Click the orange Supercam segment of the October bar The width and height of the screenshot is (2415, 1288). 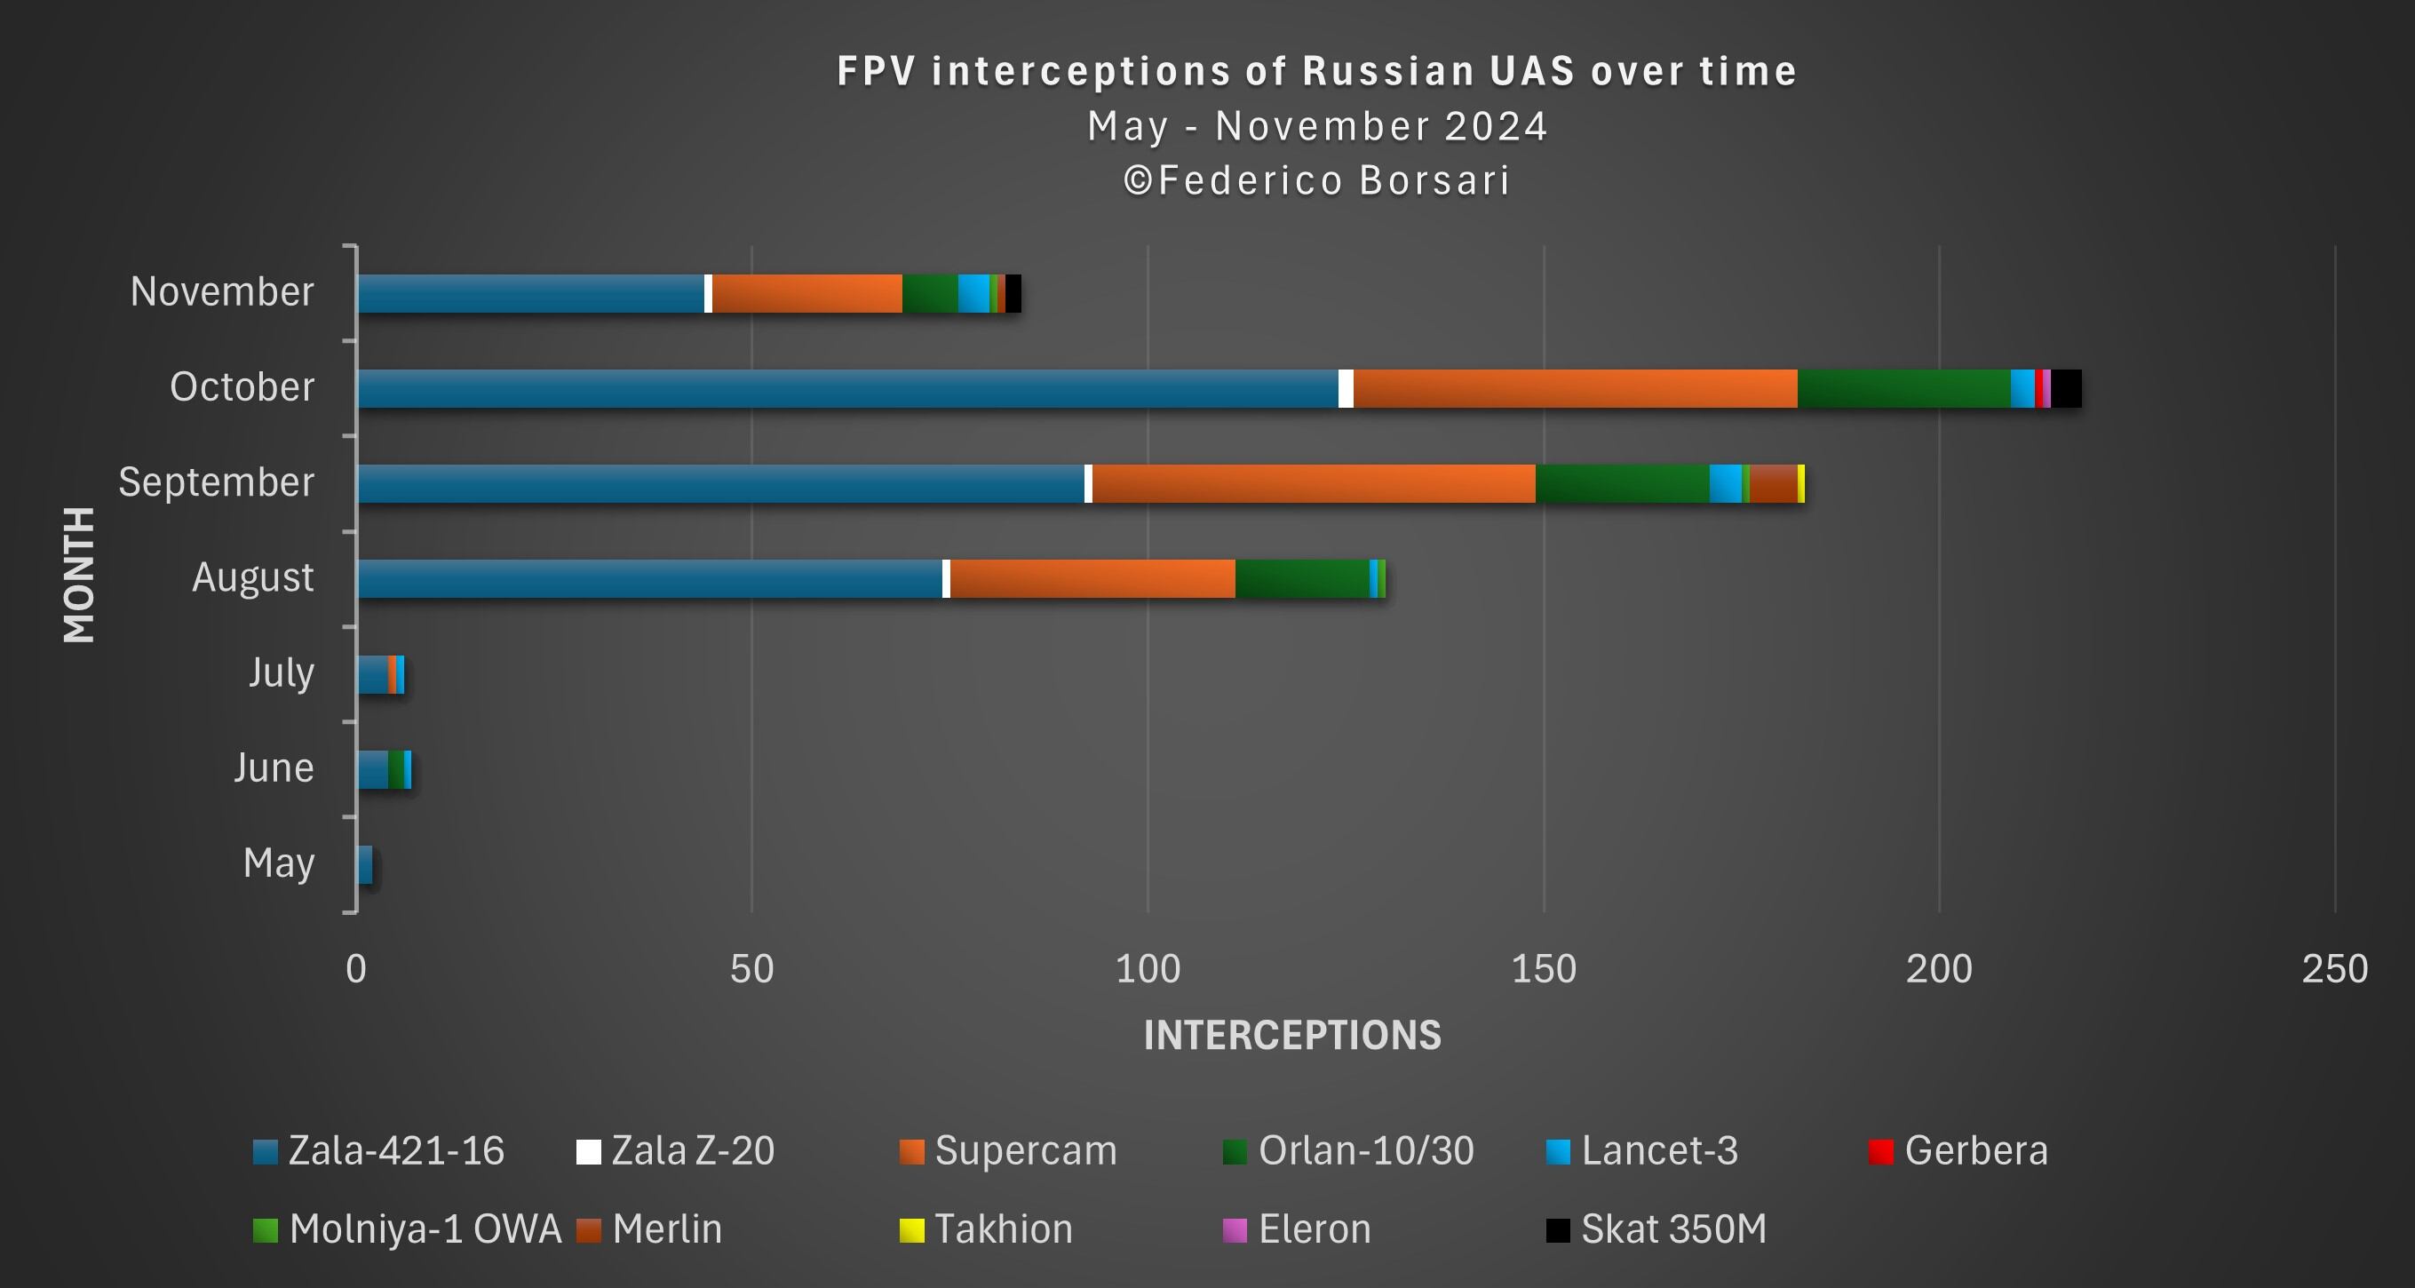click(x=1575, y=388)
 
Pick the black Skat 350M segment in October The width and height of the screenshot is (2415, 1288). click(x=2066, y=388)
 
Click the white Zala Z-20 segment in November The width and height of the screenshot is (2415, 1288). click(x=708, y=293)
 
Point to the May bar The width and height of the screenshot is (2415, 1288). click(x=365, y=864)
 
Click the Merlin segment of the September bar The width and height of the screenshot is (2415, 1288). click(x=1773, y=484)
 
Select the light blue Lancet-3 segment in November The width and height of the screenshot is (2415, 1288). click(x=973, y=293)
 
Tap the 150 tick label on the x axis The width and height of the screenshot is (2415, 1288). click(x=1543, y=968)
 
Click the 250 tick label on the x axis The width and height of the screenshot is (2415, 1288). click(x=2334, y=968)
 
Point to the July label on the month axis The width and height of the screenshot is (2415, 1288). click(x=282, y=673)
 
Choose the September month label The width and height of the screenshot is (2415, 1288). click(x=217, y=481)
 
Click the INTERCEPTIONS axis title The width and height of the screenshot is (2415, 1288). click(x=1291, y=1035)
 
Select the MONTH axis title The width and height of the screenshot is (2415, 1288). click(x=80, y=575)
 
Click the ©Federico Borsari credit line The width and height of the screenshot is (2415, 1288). click(x=1317, y=181)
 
